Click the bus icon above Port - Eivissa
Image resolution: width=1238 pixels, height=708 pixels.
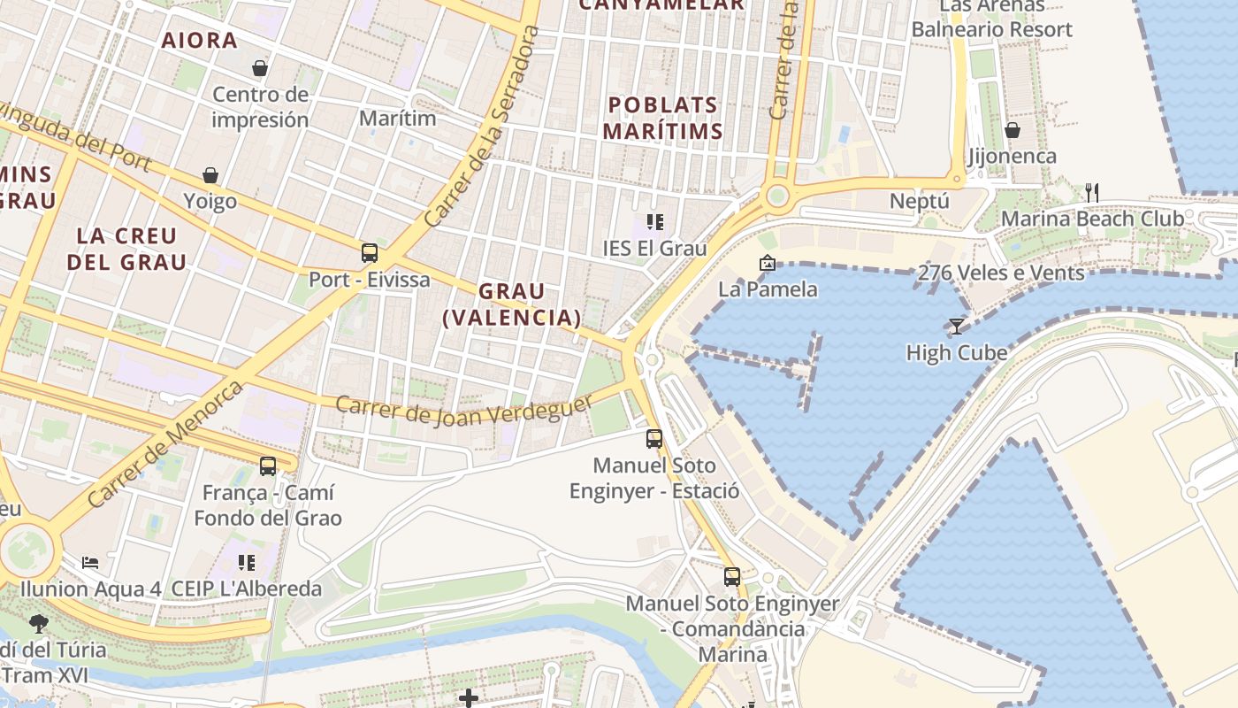[370, 253]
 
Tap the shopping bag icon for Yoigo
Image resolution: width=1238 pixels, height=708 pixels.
[210, 175]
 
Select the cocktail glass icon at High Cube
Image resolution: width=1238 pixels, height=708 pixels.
[956, 326]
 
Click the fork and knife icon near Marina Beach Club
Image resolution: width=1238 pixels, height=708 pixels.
[1092, 192]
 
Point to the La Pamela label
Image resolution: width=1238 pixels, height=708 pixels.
[768, 289]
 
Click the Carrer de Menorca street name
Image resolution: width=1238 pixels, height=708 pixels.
[165, 444]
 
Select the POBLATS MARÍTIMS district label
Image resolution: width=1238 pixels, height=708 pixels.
[662, 118]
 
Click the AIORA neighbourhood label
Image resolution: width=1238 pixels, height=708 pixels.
[200, 40]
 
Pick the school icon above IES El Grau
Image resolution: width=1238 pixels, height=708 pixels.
[654, 221]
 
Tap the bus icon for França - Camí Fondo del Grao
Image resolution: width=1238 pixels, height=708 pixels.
[267, 466]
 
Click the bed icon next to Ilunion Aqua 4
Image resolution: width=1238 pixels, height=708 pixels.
[90, 562]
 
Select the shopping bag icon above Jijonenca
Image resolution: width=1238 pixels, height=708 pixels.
[1013, 130]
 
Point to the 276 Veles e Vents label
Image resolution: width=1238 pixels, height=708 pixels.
[1001, 273]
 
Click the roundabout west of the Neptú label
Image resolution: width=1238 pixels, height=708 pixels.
[777, 196]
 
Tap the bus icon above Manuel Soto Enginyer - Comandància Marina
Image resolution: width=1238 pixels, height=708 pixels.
[732, 577]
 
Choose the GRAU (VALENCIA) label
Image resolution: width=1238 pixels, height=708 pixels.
[512, 304]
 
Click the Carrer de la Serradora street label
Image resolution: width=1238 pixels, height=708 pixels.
[483, 126]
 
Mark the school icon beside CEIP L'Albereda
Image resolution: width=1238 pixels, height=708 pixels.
[247, 562]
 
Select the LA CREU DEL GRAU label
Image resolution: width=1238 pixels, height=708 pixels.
[127, 249]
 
